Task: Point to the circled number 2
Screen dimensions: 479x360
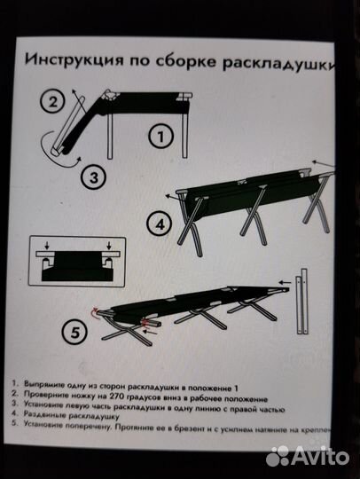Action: [55, 100]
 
